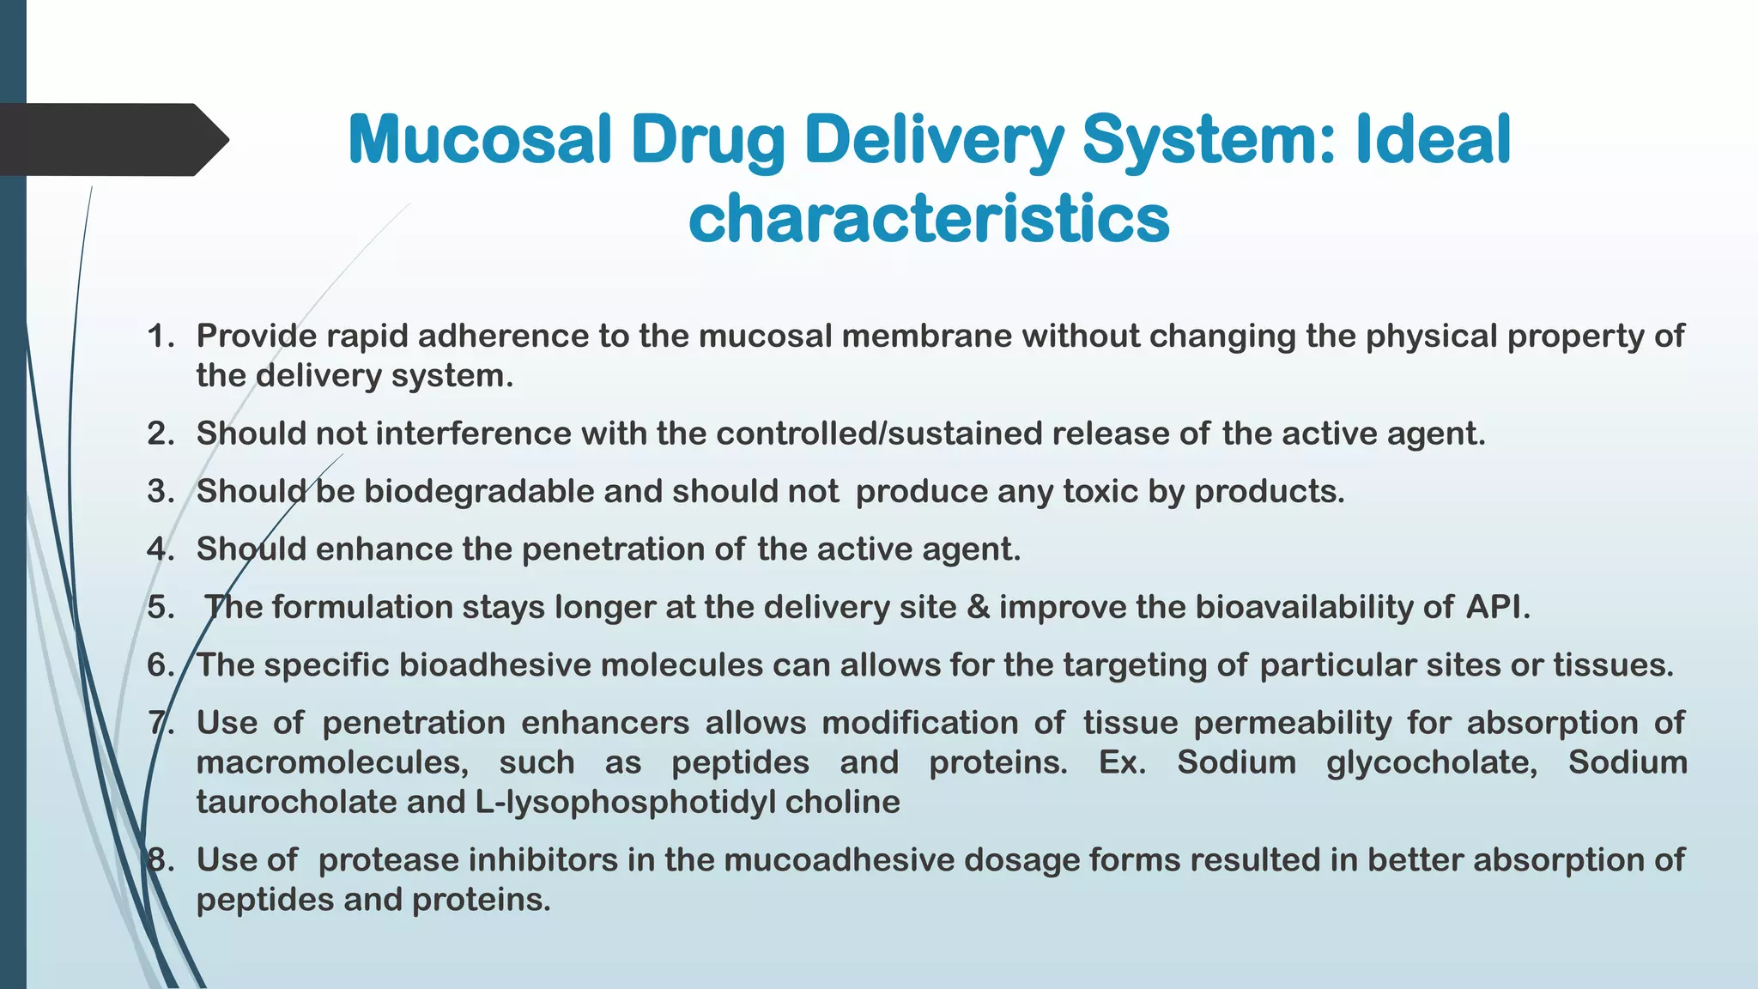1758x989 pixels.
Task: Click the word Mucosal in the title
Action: point(479,140)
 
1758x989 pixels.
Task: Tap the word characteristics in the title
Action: point(929,218)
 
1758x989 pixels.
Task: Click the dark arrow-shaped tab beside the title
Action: point(112,140)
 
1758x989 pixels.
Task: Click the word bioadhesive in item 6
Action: point(495,665)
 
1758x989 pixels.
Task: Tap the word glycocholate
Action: point(1431,762)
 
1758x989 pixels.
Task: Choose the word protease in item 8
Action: point(388,860)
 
